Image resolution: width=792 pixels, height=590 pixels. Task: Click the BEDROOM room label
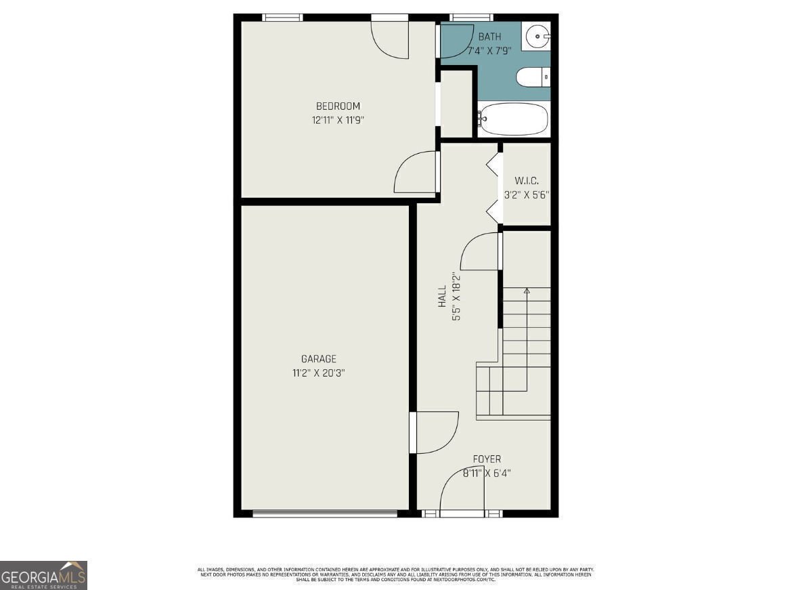[x=338, y=106]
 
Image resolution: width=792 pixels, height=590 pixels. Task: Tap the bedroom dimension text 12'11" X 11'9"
[x=338, y=120]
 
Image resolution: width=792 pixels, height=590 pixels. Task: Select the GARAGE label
[x=318, y=359]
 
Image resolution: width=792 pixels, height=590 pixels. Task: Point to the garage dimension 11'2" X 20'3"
[x=318, y=373]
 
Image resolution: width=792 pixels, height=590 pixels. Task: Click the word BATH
[x=489, y=37]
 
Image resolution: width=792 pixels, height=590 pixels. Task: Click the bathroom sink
[x=538, y=36]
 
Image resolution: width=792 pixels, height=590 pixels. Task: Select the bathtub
[x=512, y=119]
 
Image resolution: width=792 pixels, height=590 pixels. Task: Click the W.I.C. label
[x=526, y=181]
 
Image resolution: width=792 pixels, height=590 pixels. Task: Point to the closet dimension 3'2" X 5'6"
[x=526, y=194]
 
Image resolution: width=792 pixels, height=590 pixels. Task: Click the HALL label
[x=442, y=296]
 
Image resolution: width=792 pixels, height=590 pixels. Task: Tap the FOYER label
[x=487, y=459]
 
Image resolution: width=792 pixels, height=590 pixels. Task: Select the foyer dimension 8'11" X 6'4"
[x=487, y=473]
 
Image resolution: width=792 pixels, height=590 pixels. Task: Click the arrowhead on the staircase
[x=527, y=291]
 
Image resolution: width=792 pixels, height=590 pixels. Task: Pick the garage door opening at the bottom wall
[x=325, y=513]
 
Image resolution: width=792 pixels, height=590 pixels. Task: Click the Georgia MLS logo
[x=43, y=576]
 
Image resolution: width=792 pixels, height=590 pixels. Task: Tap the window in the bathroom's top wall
[x=471, y=18]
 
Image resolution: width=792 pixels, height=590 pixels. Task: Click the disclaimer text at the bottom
[x=395, y=574]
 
